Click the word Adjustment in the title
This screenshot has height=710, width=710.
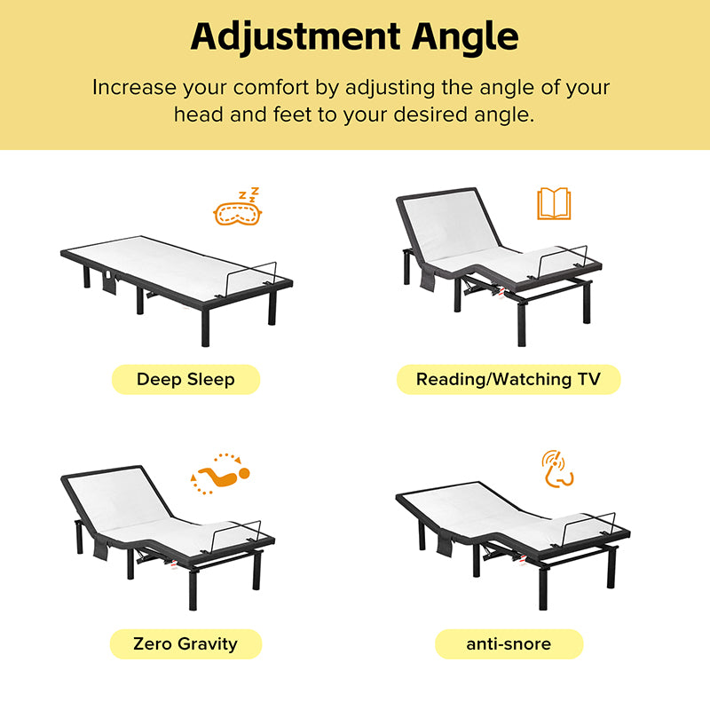tap(296, 37)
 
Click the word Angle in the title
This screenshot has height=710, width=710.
tap(465, 38)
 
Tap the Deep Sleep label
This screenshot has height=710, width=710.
tap(185, 380)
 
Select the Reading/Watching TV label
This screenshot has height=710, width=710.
tap(508, 380)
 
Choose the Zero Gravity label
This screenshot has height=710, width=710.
tap(185, 644)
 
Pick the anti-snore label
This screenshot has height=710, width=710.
tap(509, 644)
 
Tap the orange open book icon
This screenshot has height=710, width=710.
tap(554, 203)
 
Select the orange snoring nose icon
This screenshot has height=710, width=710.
tap(557, 469)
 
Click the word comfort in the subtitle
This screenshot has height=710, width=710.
tap(271, 87)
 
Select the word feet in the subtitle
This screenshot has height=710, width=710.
tap(293, 114)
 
